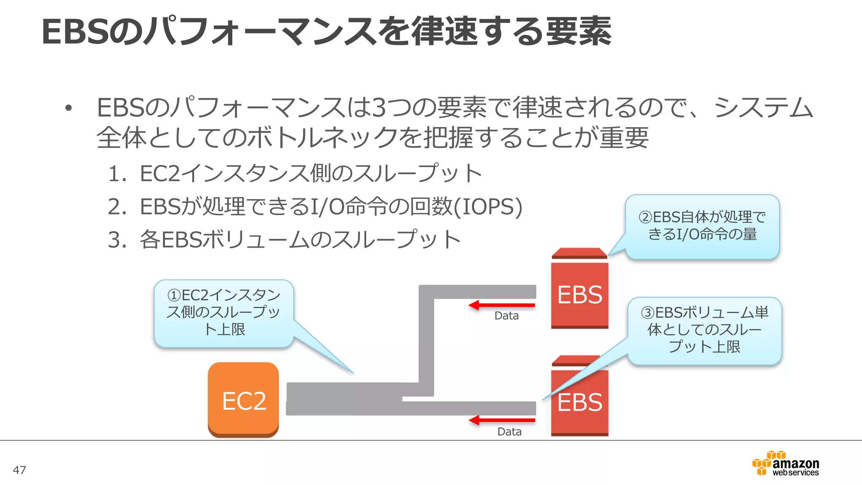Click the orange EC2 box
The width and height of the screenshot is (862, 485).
(243, 400)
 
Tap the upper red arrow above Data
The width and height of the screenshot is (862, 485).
(501, 305)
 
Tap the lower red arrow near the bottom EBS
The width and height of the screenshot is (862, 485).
(501, 420)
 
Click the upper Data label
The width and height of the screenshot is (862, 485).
(506, 316)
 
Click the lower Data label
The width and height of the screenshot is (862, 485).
(509, 432)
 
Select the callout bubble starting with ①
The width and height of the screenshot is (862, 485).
(224, 312)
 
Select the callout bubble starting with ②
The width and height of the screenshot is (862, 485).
(702, 226)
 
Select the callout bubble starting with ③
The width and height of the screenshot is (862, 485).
(705, 330)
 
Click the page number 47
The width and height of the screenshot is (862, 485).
(19, 470)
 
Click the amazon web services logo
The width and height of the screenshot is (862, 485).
(785, 464)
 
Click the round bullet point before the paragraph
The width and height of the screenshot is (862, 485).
(69, 109)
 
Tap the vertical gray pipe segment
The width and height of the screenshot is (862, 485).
(426, 341)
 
